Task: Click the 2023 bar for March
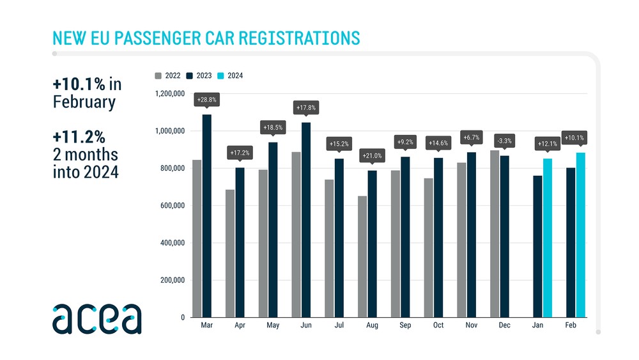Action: click(207, 215)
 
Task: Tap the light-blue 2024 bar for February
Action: click(580, 235)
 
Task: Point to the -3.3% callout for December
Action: click(504, 141)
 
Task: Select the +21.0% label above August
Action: click(372, 155)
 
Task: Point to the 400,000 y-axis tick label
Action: click(171, 243)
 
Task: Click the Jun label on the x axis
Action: click(306, 326)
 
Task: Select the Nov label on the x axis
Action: click(472, 326)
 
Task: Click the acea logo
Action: click(97, 319)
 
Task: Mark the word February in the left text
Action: click(84, 102)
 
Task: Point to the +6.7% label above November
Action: click(471, 137)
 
